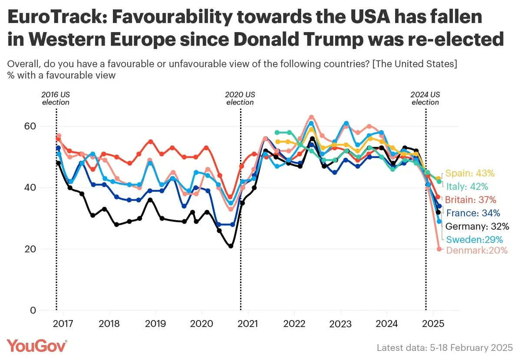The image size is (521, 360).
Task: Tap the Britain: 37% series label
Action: click(x=470, y=200)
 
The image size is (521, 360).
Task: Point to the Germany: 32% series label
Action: click(x=476, y=226)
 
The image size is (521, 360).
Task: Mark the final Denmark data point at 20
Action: click(x=439, y=249)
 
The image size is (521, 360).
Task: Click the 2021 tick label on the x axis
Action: click(x=248, y=324)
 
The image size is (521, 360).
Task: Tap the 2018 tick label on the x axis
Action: click(x=109, y=324)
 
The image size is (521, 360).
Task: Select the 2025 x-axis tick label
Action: click(x=433, y=324)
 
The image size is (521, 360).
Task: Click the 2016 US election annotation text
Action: click(x=56, y=99)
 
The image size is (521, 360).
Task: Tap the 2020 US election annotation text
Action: click(x=240, y=99)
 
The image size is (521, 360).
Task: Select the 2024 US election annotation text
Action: click(x=425, y=99)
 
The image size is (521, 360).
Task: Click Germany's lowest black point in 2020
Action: click(x=231, y=246)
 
